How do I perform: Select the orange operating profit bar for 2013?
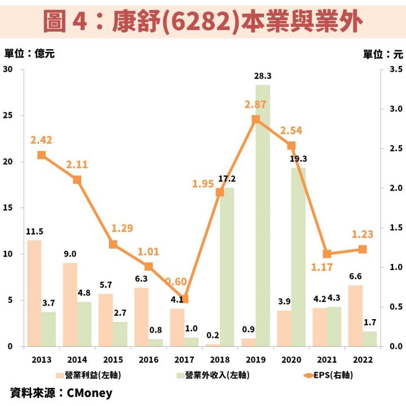coord(34,293)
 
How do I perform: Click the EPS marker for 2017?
coord(184,299)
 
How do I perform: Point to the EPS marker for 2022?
coord(363,249)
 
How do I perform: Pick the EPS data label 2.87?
coord(255,104)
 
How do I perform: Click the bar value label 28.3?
coord(263,76)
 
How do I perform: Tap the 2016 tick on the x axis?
coord(148,359)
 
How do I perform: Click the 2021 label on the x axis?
coord(326,359)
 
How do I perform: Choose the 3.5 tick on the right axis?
coord(395,69)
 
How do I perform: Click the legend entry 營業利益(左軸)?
coord(90,374)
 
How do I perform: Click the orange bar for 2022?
coord(355,316)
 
